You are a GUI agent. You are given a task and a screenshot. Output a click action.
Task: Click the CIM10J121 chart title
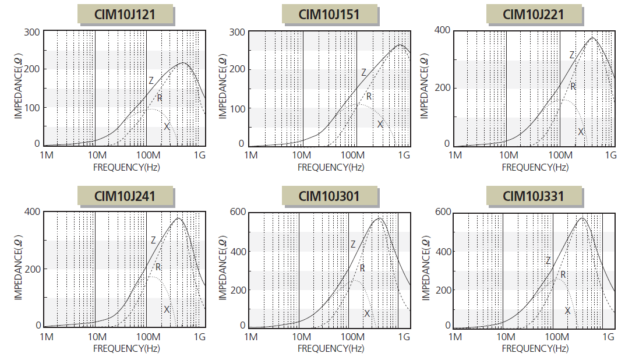[x=125, y=15]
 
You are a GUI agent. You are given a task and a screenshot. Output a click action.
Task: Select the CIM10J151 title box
[x=329, y=15]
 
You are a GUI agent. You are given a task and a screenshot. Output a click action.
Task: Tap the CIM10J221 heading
[x=533, y=15]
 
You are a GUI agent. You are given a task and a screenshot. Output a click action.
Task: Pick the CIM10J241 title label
[x=125, y=196]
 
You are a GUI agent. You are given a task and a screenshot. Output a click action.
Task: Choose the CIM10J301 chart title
[x=329, y=196]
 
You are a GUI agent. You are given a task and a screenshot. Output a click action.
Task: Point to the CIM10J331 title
[x=533, y=196]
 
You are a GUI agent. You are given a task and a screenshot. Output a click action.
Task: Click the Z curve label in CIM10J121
[x=151, y=80]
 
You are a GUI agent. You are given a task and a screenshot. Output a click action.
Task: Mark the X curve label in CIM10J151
[x=380, y=124]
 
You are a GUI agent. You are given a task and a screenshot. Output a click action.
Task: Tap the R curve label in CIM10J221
[x=573, y=86]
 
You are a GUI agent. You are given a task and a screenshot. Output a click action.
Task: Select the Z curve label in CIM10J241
[x=153, y=240]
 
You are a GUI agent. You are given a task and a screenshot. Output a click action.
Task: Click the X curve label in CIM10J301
[x=367, y=313]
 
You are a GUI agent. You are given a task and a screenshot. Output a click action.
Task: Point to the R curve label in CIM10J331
[x=563, y=274]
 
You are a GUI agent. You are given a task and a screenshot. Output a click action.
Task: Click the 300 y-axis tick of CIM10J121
[x=33, y=31]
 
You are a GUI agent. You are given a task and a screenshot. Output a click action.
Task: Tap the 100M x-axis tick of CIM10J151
[x=352, y=156]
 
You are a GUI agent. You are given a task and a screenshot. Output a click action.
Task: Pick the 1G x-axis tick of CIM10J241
[x=200, y=337]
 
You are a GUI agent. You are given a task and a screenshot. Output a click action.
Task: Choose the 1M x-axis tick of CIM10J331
[x=456, y=337]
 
